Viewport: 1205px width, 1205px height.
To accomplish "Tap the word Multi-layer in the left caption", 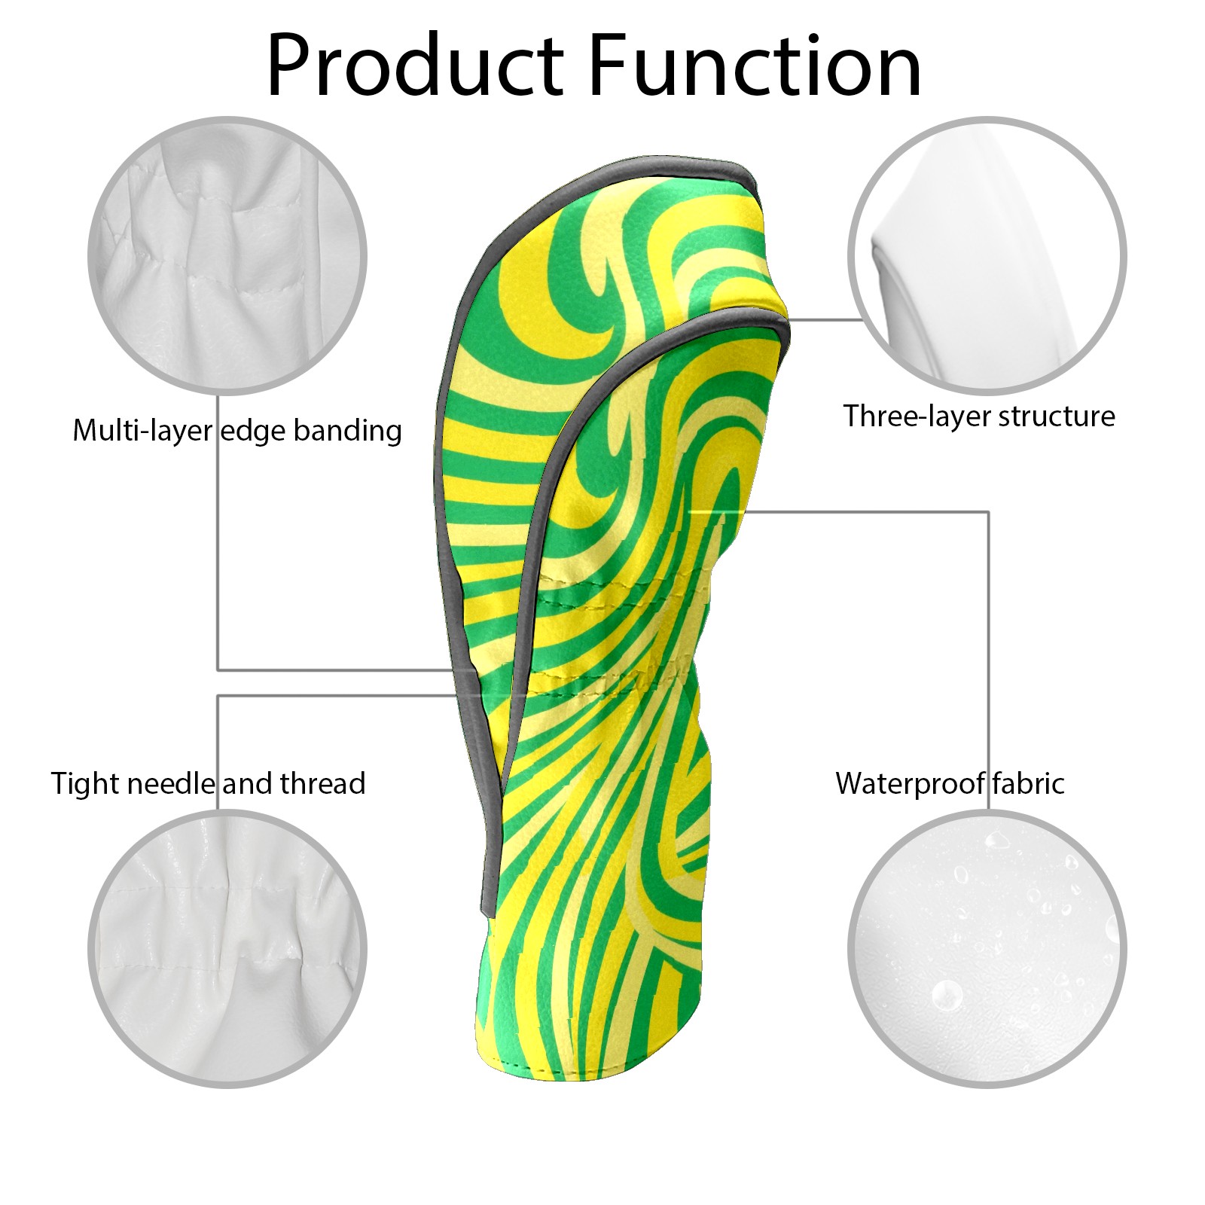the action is [x=142, y=431].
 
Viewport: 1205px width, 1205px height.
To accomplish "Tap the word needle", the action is [x=171, y=784].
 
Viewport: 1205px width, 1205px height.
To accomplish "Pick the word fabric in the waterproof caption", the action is [x=1027, y=784].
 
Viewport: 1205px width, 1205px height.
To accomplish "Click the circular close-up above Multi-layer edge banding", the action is [x=227, y=255].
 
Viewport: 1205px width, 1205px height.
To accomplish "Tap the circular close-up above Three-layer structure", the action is [x=987, y=255].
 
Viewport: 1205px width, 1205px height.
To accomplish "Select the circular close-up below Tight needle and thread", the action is [x=227, y=949].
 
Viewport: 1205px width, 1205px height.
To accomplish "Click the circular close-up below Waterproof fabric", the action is [x=987, y=949].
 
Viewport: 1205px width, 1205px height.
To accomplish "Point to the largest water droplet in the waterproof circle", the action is [x=947, y=995].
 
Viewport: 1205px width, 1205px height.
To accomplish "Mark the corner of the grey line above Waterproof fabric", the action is [x=988, y=512].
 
